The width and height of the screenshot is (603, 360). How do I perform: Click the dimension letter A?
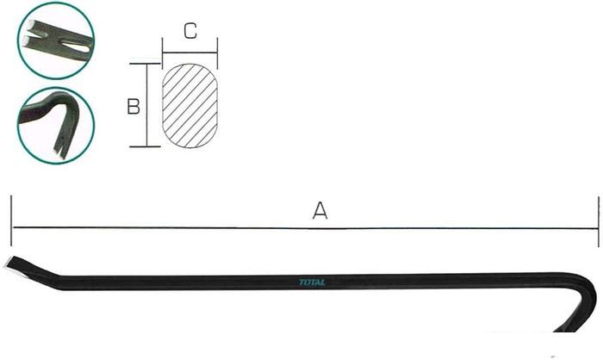pos(320,210)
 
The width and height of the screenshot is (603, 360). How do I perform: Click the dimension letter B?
pos(134,107)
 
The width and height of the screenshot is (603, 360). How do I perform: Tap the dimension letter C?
pos(190,31)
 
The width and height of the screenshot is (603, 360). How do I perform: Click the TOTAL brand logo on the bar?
pos(312,282)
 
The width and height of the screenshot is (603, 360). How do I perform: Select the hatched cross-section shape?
pos(190,106)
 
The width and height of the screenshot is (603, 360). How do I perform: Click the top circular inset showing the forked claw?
pos(56,40)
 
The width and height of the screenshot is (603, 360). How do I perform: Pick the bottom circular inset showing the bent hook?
pos(56,126)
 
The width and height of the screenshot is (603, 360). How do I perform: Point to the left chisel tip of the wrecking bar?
pos(9,264)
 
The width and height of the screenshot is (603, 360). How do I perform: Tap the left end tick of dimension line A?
pos(11,220)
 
